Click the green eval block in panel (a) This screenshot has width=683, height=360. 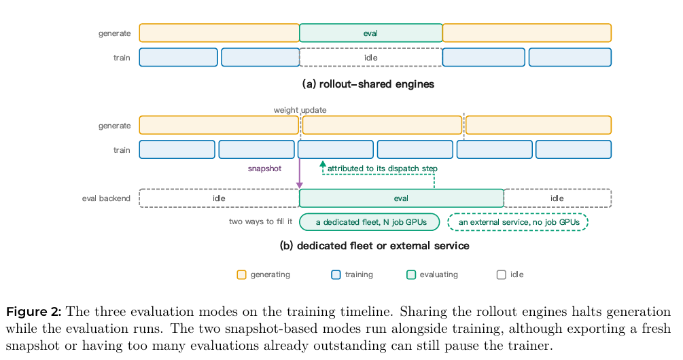coord(370,33)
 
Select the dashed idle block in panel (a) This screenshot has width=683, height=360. coord(370,58)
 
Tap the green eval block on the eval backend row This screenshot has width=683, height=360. coord(401,198)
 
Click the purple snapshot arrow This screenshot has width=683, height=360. coord(300,174)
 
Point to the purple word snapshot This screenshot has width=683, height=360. coord(264,168)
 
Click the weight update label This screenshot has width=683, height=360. coord(300,110)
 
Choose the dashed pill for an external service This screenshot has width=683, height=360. coord(518,222)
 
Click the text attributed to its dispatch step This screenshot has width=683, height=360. coord(382,168)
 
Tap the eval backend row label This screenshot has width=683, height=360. coord(106,198)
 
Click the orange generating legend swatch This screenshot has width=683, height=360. coord(241,274)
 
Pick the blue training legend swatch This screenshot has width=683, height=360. coord(336,274)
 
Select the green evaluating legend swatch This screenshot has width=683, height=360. coord(410,274)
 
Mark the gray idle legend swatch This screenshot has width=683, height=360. coord(502,274)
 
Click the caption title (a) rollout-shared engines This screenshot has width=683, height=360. coord(368,84)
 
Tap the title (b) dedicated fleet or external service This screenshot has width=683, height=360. coord(374,246)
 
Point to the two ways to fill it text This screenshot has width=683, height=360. coord(260,221)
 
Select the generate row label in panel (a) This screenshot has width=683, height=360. coord(114,33)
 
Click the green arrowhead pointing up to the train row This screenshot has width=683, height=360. coord(323,164)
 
